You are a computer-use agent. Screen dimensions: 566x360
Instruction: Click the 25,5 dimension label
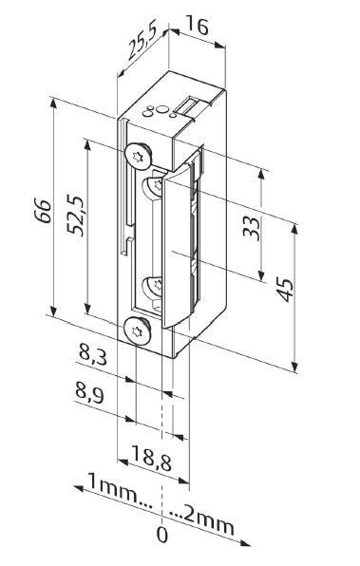point(138,51)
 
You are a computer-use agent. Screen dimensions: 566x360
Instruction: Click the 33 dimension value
point(252,229)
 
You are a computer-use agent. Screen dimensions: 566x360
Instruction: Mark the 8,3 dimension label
point(92,356)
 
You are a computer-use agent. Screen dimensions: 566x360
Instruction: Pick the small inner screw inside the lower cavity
point(152,286)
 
